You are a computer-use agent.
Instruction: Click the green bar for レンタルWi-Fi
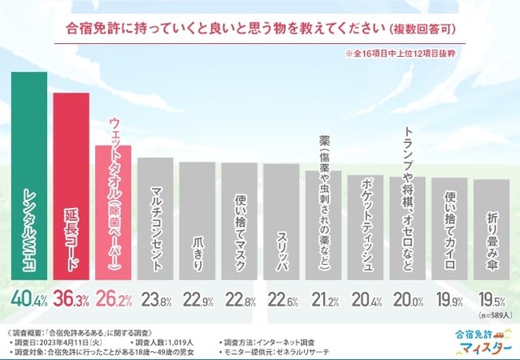point(29,187)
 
